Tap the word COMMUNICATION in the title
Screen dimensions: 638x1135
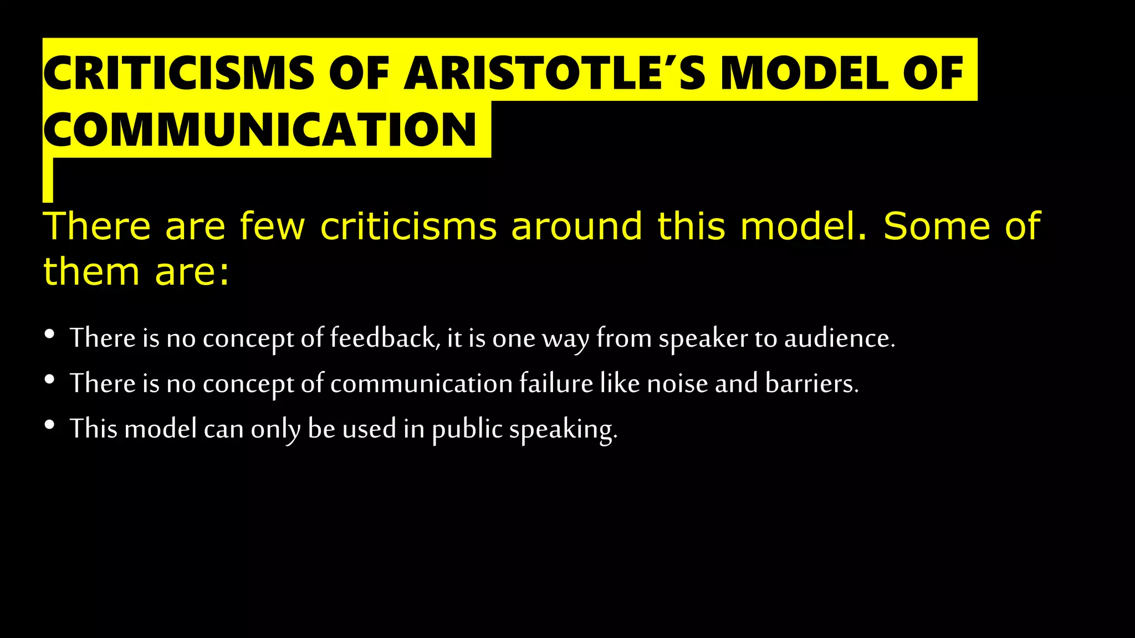260,130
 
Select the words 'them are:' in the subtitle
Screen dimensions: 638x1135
136,272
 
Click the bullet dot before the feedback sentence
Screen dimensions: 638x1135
50,334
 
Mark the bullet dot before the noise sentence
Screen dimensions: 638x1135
50,379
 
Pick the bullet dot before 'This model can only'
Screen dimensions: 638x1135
50,425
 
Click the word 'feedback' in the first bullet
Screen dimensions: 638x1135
382,338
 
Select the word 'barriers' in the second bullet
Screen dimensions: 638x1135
811,383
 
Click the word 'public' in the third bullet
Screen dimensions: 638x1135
467,429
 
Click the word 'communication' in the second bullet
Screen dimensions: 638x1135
421,383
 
